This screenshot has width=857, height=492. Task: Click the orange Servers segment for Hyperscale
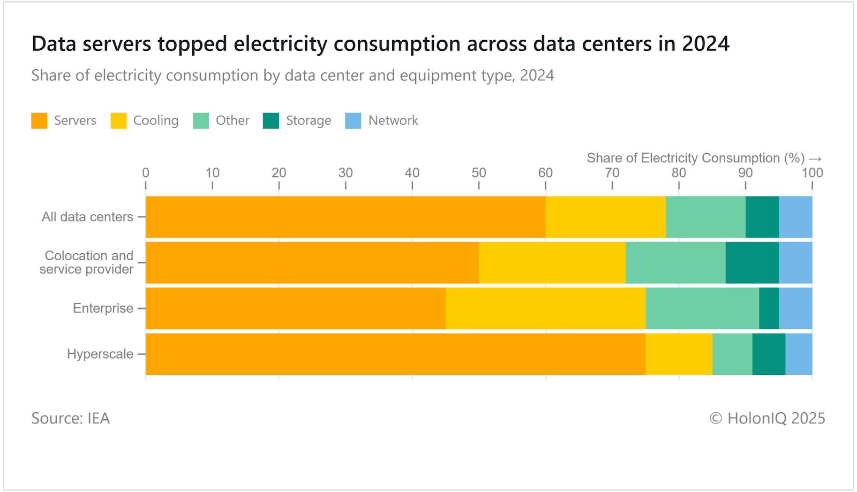(395, 354)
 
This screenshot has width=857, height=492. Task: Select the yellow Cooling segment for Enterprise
(545, 308)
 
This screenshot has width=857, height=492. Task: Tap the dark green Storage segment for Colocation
(752, 262)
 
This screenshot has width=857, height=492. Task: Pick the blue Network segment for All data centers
(795, 217)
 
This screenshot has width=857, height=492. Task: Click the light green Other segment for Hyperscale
(732, 354)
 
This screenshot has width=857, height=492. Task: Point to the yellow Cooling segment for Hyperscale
(679, 354)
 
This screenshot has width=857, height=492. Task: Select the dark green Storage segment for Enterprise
(769, 308)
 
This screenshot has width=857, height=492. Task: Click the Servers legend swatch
(39, 120)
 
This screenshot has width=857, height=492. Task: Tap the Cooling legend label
(155, 120)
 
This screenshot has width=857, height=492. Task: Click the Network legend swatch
(353, 120)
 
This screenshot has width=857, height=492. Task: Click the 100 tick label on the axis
(812, 173)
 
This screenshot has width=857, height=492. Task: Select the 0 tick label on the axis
(146, 173)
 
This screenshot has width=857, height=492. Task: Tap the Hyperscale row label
(100, 354)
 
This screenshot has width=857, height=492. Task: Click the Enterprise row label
(103, 308)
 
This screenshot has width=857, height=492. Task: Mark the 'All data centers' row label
(87, 217)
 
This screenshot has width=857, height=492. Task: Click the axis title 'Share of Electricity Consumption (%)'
(695, 158)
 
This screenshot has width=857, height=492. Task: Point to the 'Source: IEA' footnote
(70, 418)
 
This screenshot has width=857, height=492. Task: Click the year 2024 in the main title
(705, 44)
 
